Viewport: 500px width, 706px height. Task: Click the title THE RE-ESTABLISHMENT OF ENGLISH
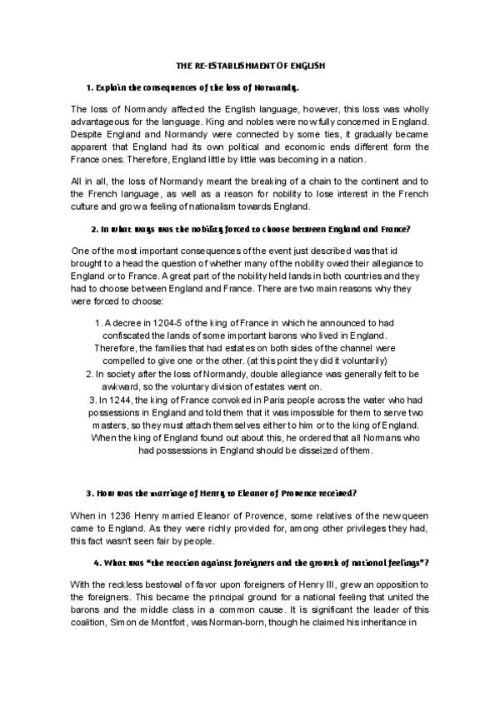pos(250,64)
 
